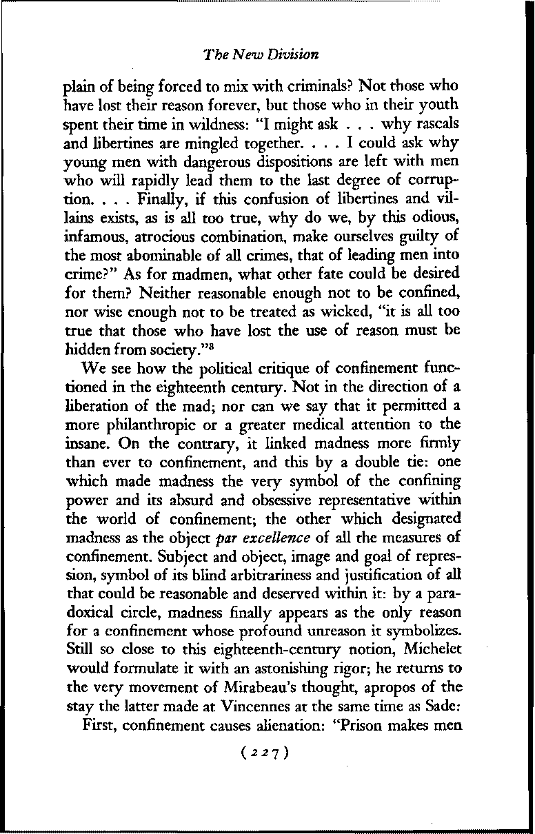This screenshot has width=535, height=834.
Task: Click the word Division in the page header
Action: tap(294, 53)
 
